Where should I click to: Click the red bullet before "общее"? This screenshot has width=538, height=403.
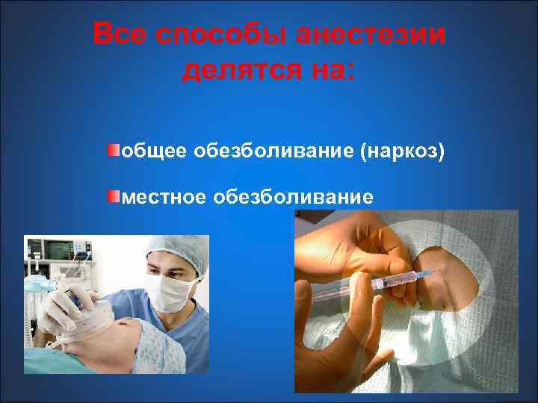point(113,151)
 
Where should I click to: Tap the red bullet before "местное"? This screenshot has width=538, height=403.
point(113,196)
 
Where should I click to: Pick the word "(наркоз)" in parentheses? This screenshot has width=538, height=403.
point(403,153)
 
